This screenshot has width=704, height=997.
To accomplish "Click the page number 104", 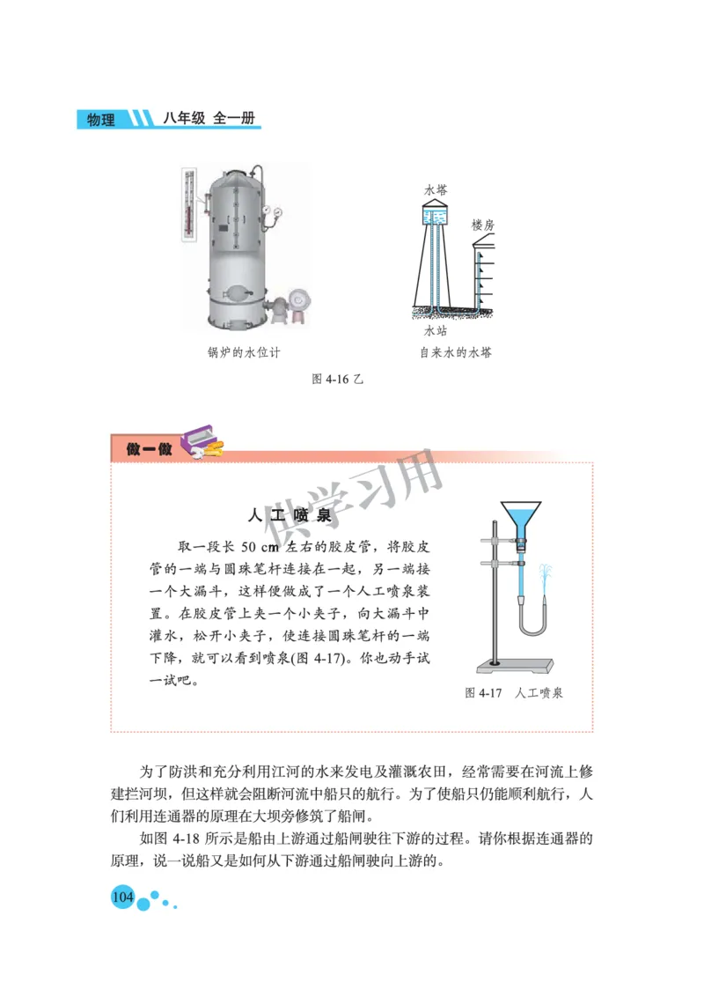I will (x=121, y=897).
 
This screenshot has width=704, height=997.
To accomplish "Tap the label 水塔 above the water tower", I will (x=436, y=190).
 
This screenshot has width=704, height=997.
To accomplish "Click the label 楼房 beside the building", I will (x=483, y=225).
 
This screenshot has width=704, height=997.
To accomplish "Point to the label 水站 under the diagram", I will (x=436, y=331).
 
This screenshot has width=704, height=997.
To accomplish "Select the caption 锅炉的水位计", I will (x=244, y=353).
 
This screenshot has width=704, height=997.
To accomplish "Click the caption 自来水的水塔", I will (x=455, y=353).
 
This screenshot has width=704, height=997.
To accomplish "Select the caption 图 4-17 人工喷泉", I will (x=514, y=693).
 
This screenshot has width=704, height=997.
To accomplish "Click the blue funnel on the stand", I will (x=520, y=516).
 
